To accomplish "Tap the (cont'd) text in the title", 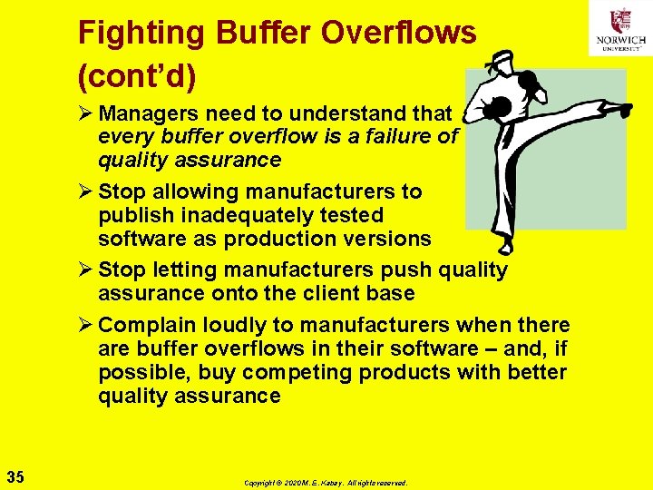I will tap(136, 77).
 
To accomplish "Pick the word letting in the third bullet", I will tap(187, 270).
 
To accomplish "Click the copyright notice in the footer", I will tap(326, 483).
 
